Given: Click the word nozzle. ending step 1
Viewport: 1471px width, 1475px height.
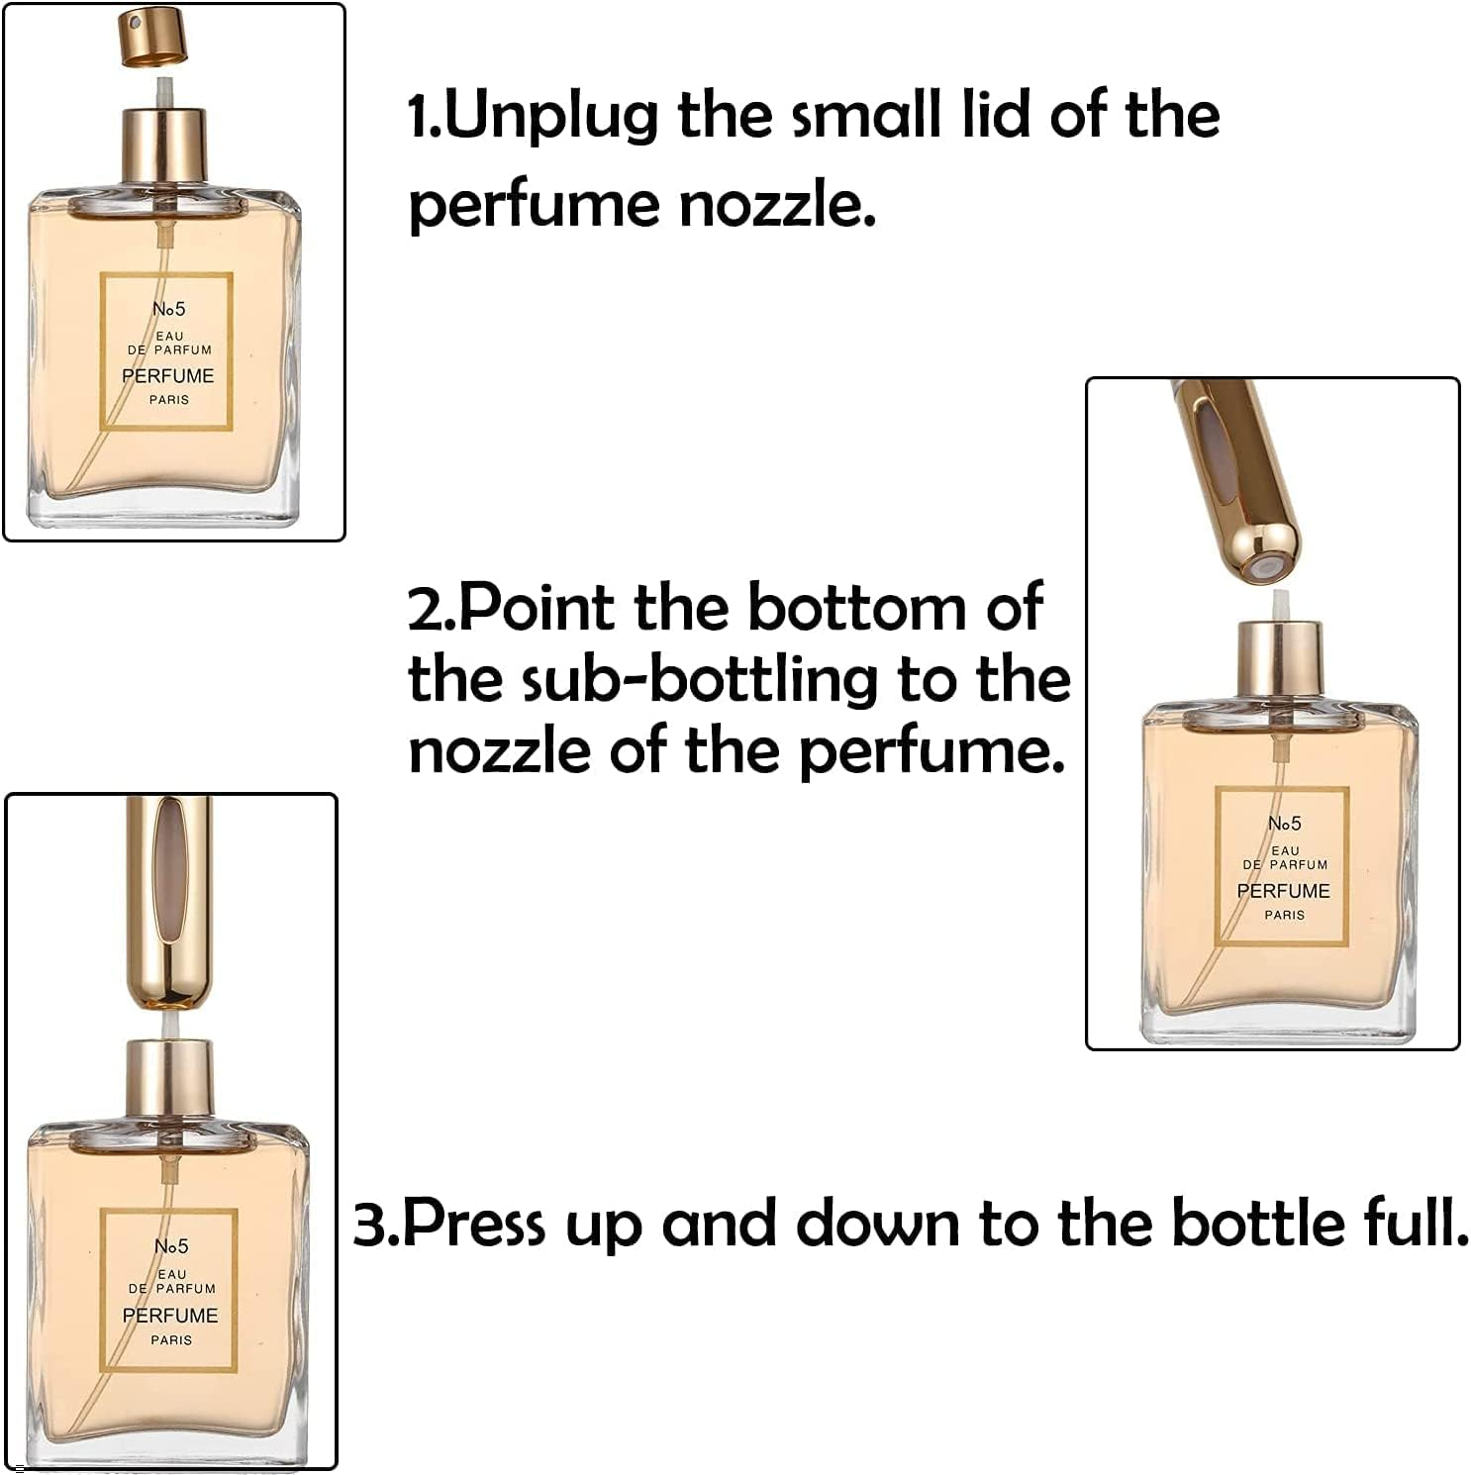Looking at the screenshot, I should click(x=778, y=206).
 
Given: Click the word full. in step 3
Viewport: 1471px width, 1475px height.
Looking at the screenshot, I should click(x=1417, y=1224).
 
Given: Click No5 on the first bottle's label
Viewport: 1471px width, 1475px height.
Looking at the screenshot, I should click(x=168, y=309).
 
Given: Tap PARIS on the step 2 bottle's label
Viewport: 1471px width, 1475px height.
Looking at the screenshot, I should click(x=1284, y=915).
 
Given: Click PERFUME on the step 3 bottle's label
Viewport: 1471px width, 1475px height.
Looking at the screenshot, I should click(x=170, y=1316).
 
